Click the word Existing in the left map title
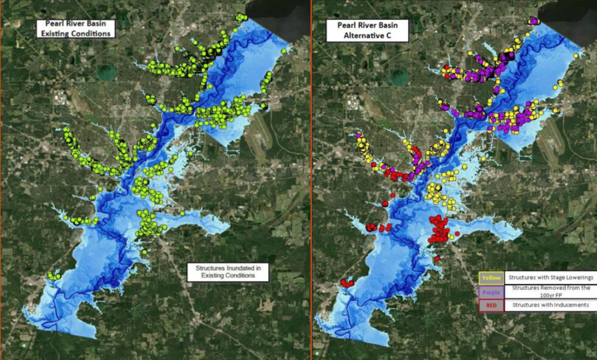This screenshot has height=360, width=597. tap(54, 34)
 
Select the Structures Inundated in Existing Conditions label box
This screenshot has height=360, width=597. tap(228, 272)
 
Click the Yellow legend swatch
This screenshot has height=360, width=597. tap(490, 278)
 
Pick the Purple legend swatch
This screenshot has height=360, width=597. tap(490, 291)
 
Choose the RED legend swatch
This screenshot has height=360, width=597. tap(490, 305)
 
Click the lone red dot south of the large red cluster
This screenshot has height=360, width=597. tap(437, 259)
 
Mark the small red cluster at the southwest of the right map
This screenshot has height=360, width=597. tap(347, 283)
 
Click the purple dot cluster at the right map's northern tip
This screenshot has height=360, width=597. tap(534, 21)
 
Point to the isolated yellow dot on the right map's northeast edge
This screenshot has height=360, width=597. tap(575, 55)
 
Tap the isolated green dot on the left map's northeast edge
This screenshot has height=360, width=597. tap(284, 52)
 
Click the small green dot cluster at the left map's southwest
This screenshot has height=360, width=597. tap(54, 277)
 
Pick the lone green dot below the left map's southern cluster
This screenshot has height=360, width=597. tap(146, 250)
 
